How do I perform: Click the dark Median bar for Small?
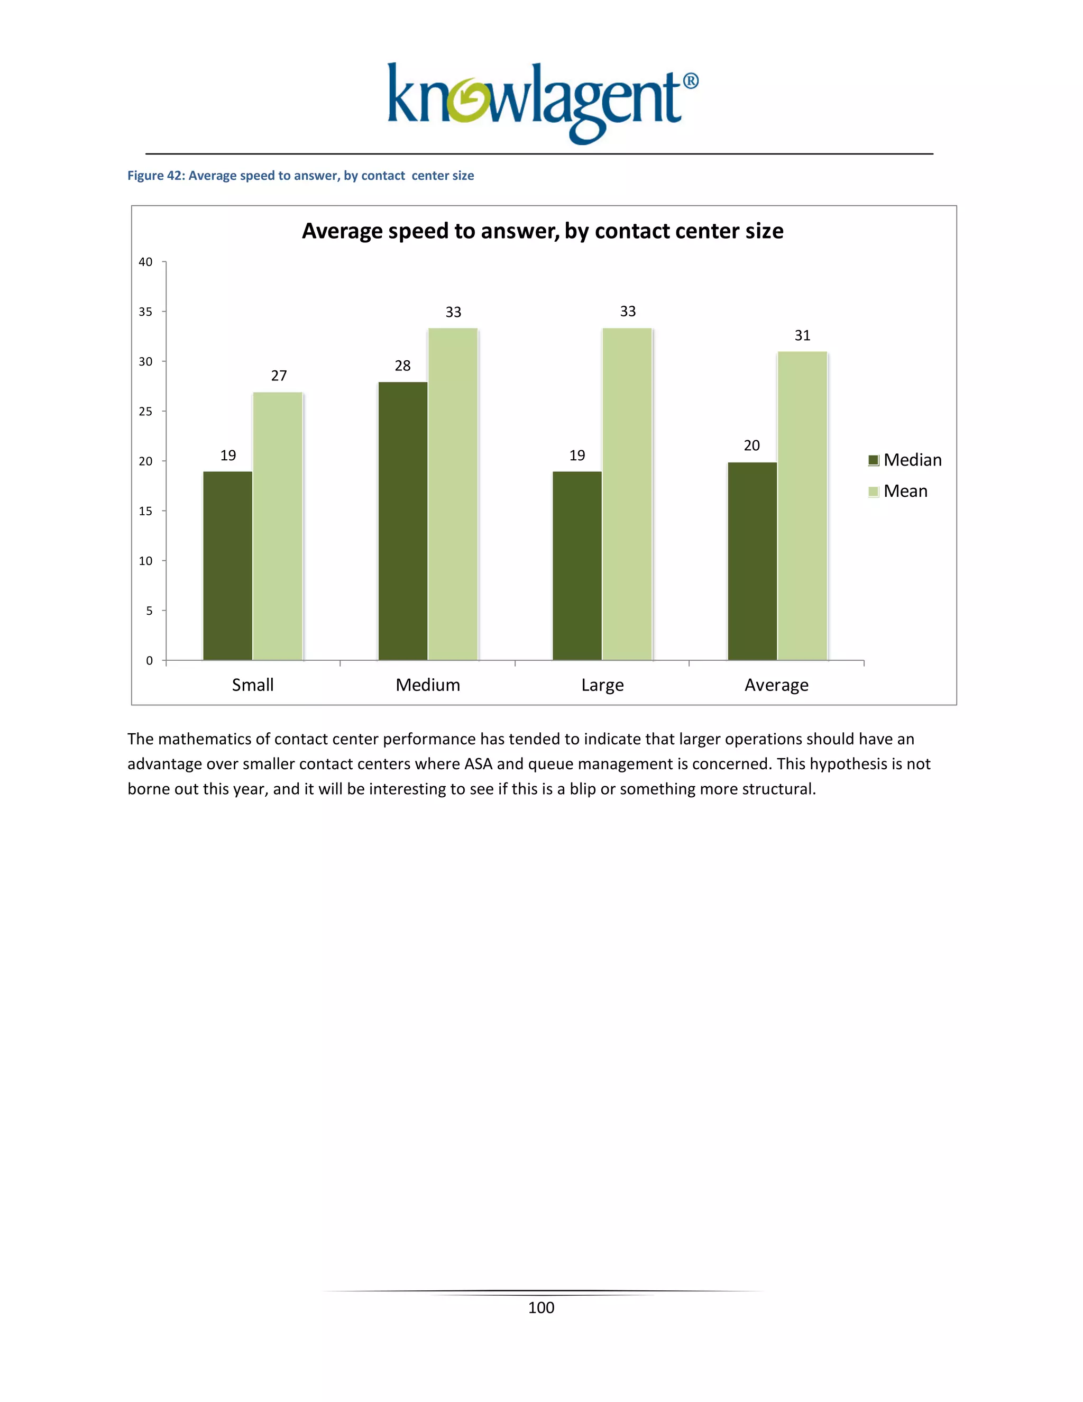[x=228, y=566]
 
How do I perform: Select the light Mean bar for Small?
[x=278, y=526]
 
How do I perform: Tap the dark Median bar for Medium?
[x=403, y=521]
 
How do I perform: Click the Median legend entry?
[x=905, y=460]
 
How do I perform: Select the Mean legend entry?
[x=898, y=491]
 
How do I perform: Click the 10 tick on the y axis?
[x=145, y=560]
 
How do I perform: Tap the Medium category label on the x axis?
[x=428, y=685]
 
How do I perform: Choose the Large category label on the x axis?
[x=602, y=685]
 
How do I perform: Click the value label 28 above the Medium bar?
[x=402, y=366]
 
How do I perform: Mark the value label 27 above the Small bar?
[x=279, y=376]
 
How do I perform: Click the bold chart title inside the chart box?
[x=542, y=231]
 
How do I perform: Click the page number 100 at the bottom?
[x=541, y=1308]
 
